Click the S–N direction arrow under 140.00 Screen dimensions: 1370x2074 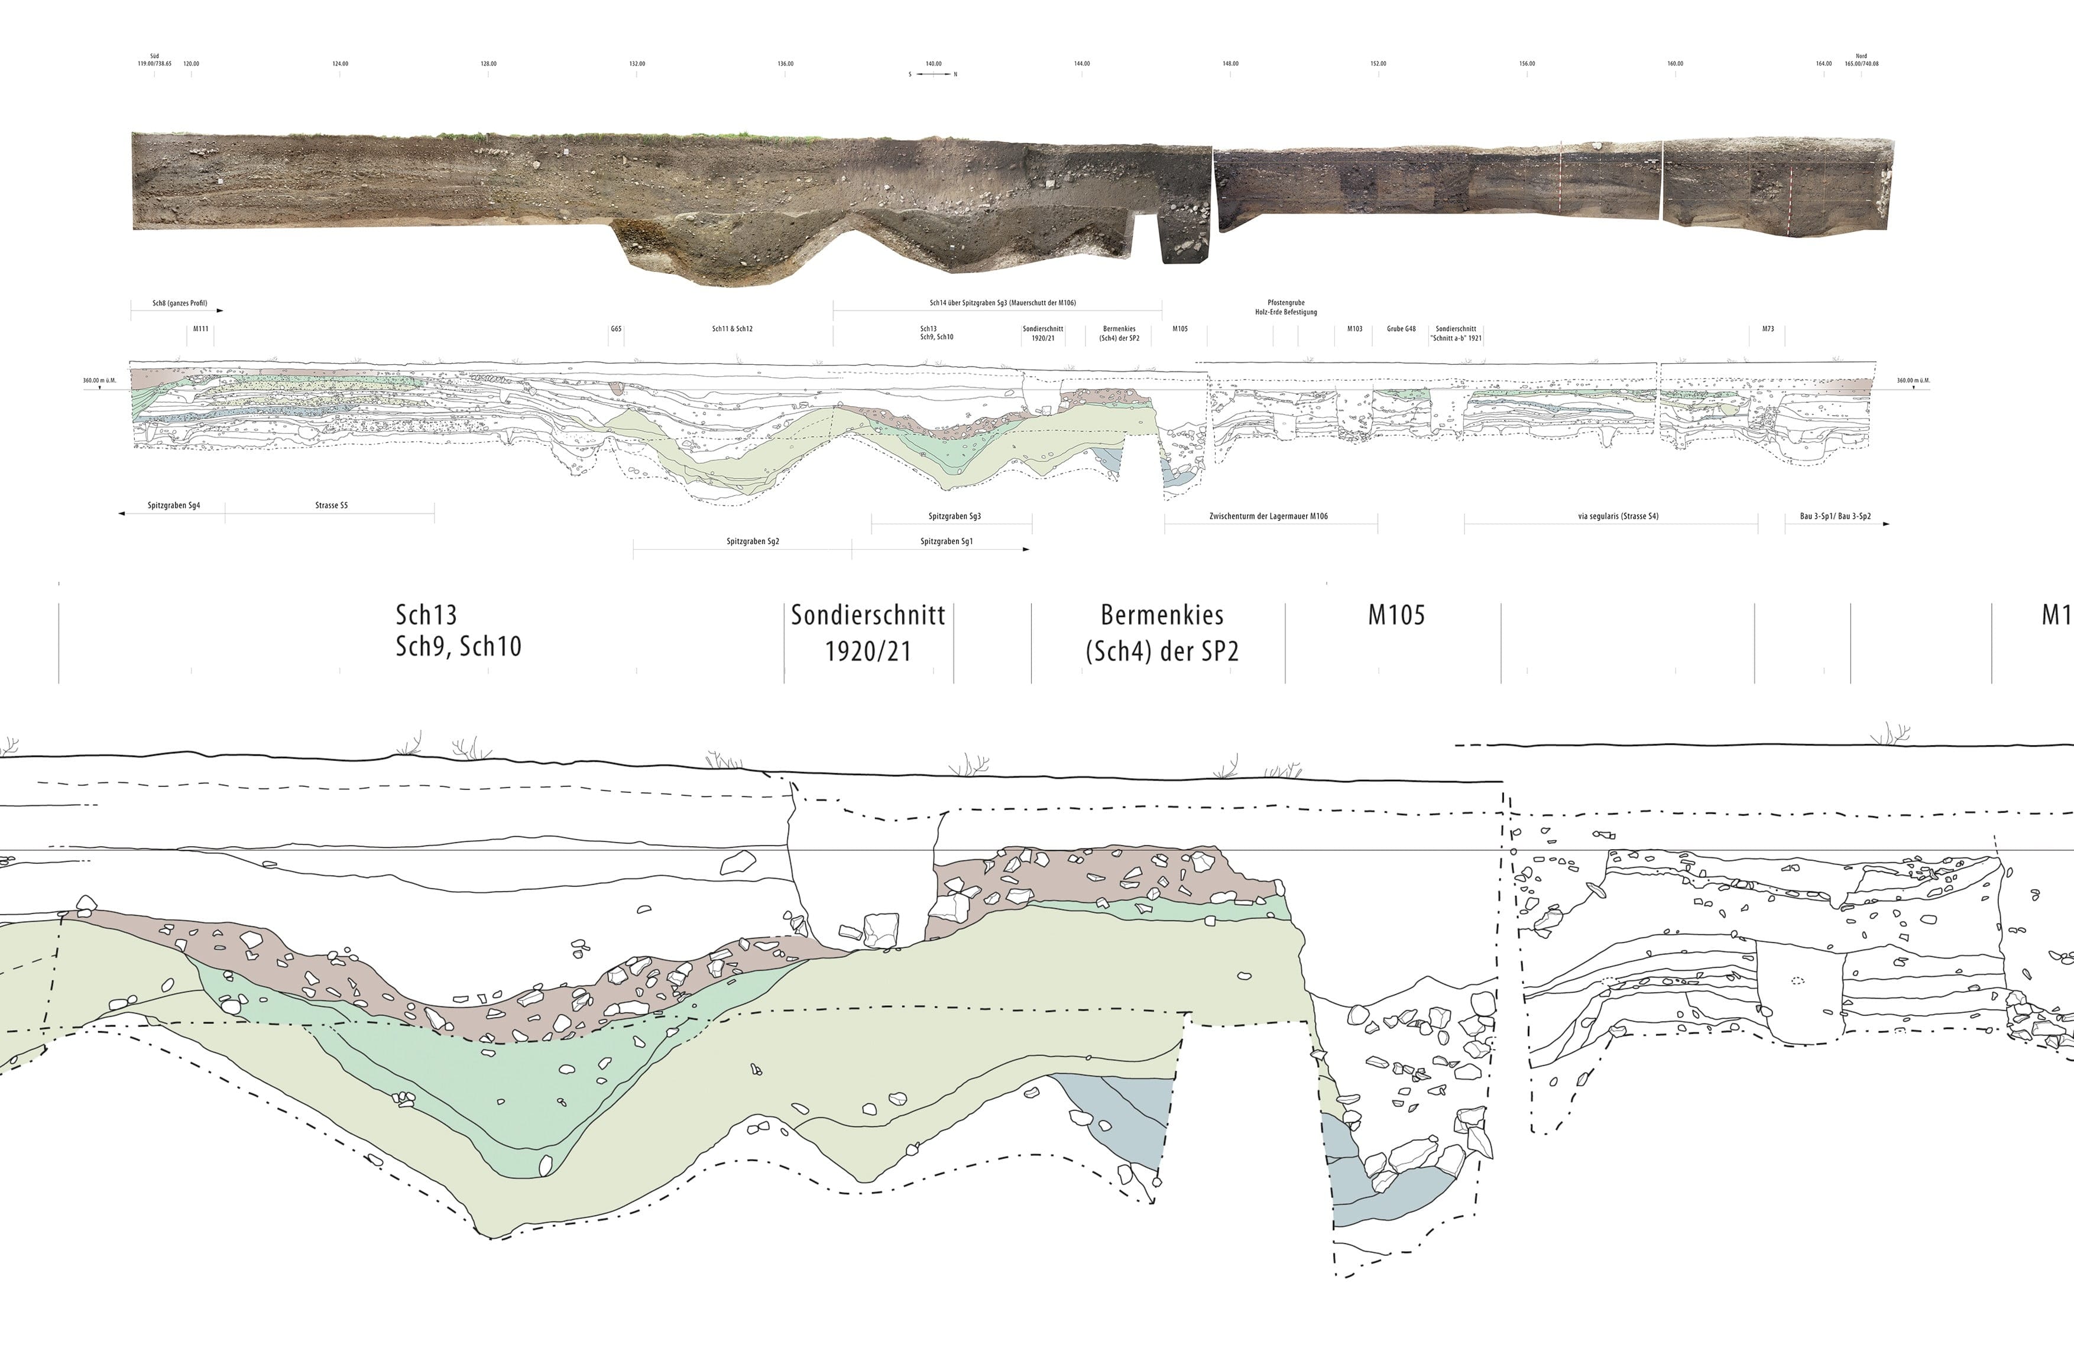933,75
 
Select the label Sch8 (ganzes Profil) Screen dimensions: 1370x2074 179,303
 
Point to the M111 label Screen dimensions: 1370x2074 201,329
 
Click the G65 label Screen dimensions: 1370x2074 616,329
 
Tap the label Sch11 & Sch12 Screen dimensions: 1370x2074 732,329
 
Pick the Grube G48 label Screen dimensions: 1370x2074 1401,329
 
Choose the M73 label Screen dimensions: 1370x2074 1767,329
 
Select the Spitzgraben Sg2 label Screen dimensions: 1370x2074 752,542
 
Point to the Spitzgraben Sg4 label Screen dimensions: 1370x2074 174,505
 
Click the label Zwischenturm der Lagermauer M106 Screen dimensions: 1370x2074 1269,516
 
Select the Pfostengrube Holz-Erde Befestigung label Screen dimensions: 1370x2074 1286,307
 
